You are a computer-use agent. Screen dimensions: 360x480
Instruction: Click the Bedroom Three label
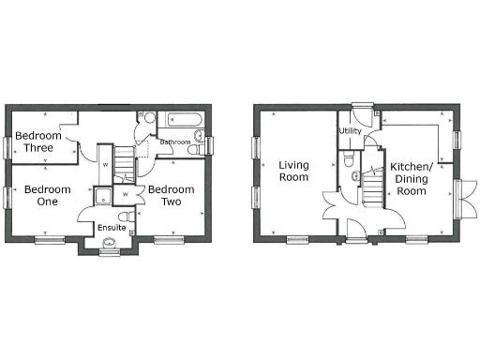click(x=38, y=142)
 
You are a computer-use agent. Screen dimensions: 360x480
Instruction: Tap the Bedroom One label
click(x=41, y=195)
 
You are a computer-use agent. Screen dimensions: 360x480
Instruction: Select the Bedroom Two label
click(x=171, y=195)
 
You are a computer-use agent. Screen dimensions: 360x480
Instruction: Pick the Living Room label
click(x=293, y=171)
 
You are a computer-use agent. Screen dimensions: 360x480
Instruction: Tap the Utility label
click(x=351, y=131)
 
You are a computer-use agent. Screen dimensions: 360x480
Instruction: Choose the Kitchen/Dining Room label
click(x=411, y=178)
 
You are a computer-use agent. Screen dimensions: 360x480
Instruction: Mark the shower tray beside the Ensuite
click(x=101, y=196)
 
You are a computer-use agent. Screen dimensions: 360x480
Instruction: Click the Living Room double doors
click(x=330, y=203)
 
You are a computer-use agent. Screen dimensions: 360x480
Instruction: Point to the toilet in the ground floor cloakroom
click(x=354, y=175)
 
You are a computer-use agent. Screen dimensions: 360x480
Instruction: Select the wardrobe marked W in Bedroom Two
click(x=126, y=194)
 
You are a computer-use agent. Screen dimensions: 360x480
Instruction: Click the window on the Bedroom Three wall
click(x=8, y=146)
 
